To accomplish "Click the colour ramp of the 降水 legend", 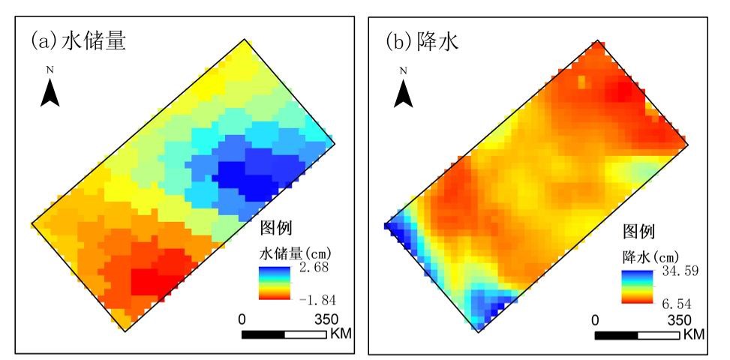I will click(633, 286).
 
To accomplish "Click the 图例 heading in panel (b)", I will click(638, 231).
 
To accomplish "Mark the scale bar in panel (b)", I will click(637, 334).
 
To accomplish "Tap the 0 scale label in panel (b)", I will click(596, 319).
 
